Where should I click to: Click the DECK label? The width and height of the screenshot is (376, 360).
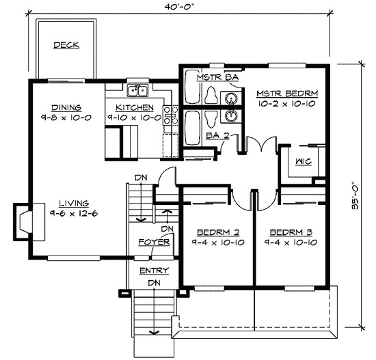(66, 45)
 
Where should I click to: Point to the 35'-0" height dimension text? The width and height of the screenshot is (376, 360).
(355, 197)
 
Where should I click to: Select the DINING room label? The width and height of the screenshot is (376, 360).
(66, 107)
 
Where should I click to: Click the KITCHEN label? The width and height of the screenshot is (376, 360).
(134, 108)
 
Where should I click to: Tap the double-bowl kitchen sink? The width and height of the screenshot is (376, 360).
(138, 92)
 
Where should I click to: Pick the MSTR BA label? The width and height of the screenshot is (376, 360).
(217, 77)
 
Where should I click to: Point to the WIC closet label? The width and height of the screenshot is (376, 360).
(303, 162)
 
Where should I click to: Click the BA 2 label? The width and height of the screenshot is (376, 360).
(217, 135)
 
